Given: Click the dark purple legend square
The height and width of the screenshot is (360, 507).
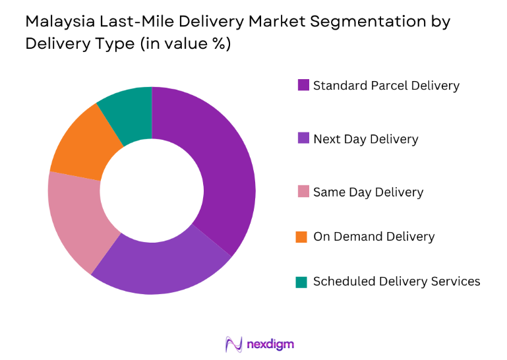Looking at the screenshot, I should [303, 85].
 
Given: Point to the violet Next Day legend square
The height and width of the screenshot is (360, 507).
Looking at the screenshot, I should [303, 138].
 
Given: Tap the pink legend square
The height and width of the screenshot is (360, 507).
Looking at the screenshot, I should [303, 192].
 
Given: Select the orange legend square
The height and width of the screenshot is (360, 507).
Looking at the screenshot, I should [303, 236].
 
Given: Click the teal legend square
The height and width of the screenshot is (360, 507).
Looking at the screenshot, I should [303, 282].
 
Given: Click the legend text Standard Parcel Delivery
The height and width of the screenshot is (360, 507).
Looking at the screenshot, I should [386, 85].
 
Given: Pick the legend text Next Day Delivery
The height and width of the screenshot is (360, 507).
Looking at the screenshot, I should [365, 138].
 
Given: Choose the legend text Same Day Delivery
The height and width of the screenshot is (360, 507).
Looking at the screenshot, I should [368, 192].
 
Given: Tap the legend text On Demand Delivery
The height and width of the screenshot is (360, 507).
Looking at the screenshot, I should [374, 236].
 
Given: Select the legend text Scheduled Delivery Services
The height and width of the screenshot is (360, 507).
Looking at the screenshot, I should [396, 282].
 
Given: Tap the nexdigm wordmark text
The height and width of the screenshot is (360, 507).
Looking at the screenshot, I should [270, 344].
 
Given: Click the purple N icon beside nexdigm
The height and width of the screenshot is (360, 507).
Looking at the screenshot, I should [234, 344].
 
